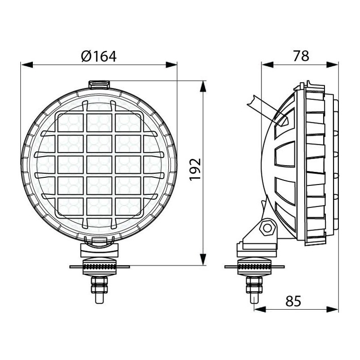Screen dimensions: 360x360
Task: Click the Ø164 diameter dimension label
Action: (x=99, y=56)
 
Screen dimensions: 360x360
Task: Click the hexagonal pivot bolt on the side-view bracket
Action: (x=267, y=228)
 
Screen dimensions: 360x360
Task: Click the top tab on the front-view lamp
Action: (x=99, y=85)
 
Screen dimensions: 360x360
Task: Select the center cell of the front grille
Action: (x=99, y=165)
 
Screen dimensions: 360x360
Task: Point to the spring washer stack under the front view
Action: (x=99, y=266)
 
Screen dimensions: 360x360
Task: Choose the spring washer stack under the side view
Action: (x=255, y=266)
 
